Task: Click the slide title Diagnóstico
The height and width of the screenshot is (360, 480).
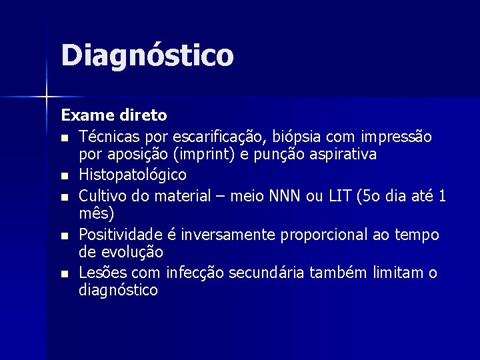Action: pyautogui.click(x=147, y=56)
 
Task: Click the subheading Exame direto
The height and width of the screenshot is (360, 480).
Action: pyautogui.click(x=114, y=115)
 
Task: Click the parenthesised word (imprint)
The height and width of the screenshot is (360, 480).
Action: pyautogui.click(x=198, y=155)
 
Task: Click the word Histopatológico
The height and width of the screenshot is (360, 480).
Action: pyautogui.click(x=133, y=175)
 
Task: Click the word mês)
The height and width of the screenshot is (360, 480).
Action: pyautogui.click(x=97, y=214)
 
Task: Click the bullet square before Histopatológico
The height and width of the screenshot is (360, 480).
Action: pyautogui.click(x=63, y=177)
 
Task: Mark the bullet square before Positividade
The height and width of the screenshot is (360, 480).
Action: pyautogui.click(x=63, y=236)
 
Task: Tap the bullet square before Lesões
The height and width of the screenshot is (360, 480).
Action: pyautogui.click(x=63, y=274)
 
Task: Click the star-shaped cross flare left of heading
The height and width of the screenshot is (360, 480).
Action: pyautogui.click(x=46, y=97)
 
